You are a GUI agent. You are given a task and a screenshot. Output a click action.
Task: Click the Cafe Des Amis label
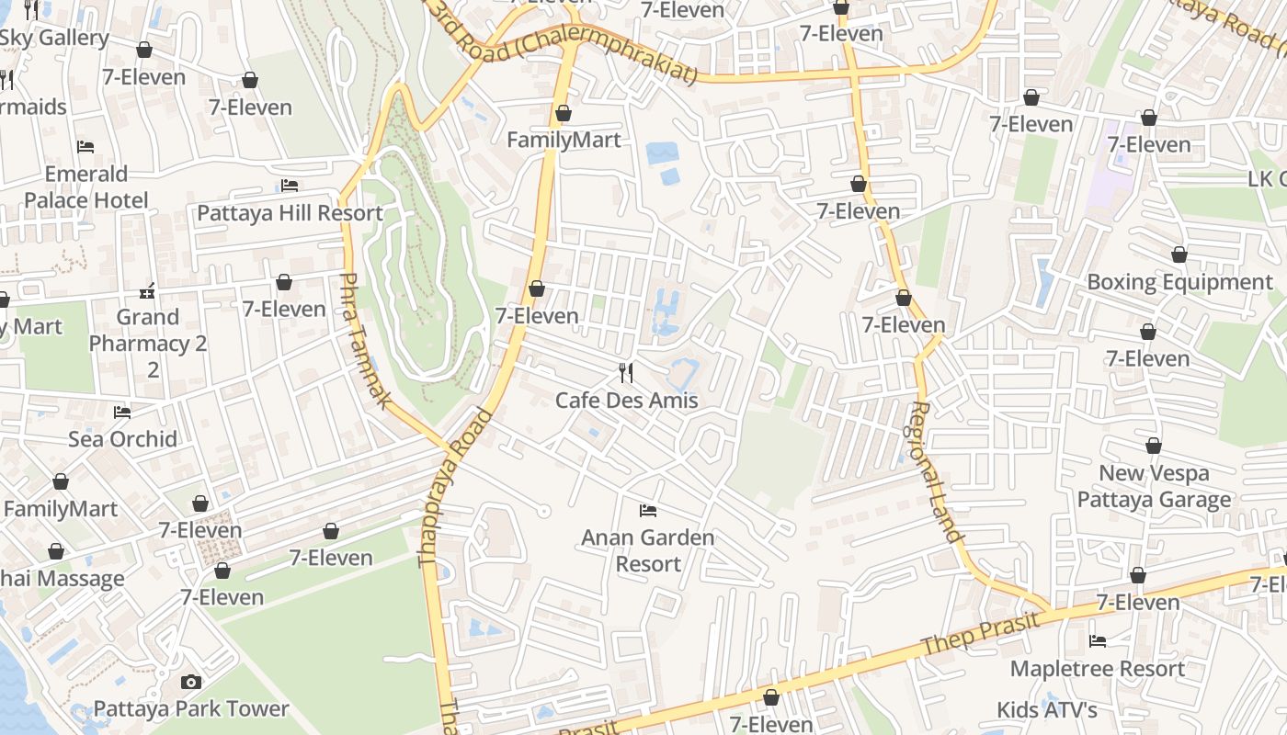(x=626, y=401)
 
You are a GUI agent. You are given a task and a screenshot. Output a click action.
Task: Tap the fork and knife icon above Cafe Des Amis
(x=626, y=372)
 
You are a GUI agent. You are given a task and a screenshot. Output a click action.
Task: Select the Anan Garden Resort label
(x=647, y=550)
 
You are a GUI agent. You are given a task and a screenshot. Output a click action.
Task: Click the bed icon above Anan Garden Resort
(x=648, y=510)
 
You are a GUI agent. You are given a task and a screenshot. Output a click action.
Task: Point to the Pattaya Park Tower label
(x=191, y=709)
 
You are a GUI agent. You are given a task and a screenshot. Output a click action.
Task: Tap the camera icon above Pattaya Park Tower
(x=191, y=682)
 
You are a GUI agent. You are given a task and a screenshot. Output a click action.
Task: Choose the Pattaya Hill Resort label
(x=290, y=213)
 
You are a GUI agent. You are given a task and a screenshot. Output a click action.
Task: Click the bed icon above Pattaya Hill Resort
(x=290, y=186)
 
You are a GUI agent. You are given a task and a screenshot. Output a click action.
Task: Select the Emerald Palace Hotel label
(x=86, y=187)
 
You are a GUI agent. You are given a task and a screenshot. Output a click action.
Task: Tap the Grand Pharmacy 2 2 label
(x=148, y=344)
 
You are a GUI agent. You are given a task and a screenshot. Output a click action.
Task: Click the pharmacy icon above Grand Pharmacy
(x=147, y=292)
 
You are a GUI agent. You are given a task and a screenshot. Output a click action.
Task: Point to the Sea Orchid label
(x=122, y=439)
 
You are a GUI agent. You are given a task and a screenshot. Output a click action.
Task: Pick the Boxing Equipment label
(x=1179, y=282)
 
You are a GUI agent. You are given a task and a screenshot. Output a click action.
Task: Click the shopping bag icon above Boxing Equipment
(x=1179, y=254)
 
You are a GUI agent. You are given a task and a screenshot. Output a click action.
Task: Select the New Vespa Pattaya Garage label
(x=1154, y=487)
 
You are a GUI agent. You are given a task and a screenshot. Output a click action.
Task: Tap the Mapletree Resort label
(x=1098, y=669)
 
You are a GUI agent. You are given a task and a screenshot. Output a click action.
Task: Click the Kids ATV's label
(x=1047, y=710)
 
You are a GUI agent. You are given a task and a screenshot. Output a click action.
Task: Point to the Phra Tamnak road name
(x=366, y=340)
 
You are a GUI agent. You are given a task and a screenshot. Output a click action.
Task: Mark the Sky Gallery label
(x=54, y=38)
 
